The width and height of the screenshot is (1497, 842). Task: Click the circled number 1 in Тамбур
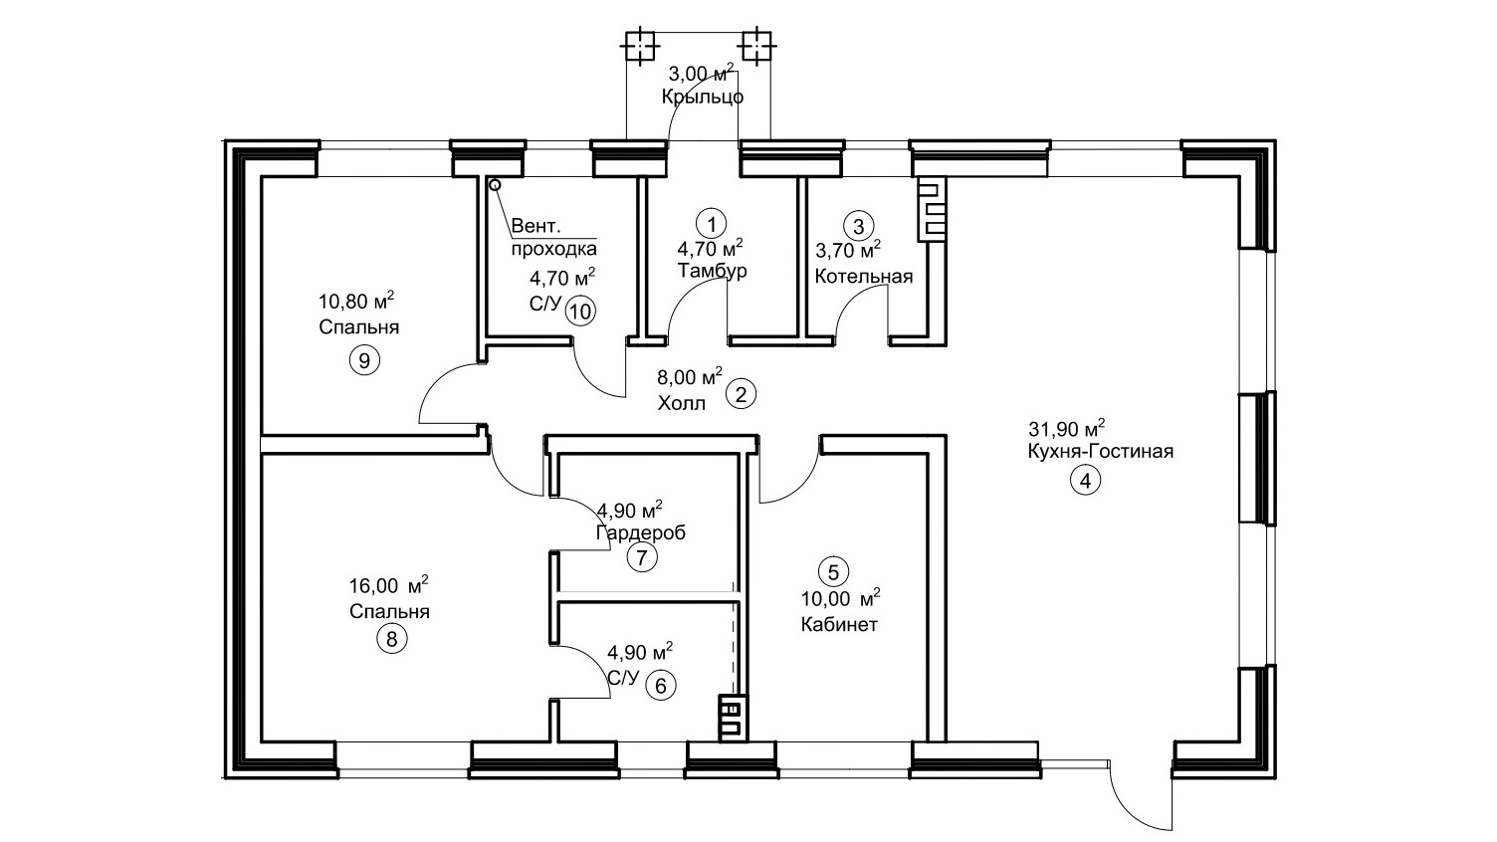click(711, 224)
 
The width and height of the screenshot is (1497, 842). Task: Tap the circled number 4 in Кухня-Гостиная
click(1085, 481)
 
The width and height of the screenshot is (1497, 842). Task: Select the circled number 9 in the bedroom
click(364, 361)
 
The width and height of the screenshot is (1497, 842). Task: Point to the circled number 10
click(580, 312)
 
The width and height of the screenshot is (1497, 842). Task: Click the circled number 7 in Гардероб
click(642, 557)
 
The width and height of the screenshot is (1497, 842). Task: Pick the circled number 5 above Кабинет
click(833, 572)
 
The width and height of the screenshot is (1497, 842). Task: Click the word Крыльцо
click(703, 97)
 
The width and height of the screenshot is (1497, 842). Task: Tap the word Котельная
click(863, 276)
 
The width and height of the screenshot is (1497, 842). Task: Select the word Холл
click(681, 404)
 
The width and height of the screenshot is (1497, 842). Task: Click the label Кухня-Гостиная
click(1100, 451)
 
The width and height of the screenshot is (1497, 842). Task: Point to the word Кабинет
click(839, 625)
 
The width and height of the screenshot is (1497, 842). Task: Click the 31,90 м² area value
click(1065, 428)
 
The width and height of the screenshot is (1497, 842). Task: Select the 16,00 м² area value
click(388, 585)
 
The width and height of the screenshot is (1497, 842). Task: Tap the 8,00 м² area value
click(690, 377)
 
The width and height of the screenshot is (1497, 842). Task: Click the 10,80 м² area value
click(356, 301)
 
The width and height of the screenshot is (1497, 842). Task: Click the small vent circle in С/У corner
click(496, 185)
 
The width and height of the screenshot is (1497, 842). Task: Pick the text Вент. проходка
click(554, 237)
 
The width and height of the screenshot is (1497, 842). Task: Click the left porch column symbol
click(640, 47)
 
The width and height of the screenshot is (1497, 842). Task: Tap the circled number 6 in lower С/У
click(661, 687)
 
